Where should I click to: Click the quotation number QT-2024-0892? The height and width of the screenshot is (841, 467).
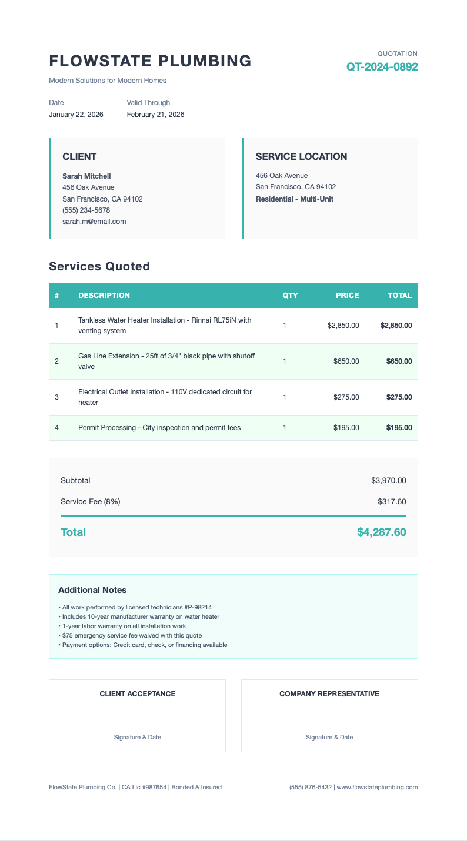(382, 67)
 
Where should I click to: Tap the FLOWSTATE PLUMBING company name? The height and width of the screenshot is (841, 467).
(150, 61)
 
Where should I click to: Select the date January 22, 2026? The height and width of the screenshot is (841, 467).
(76, 115)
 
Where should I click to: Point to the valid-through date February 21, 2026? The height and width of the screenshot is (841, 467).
(155, 115)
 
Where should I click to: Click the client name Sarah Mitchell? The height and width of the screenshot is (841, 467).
(86, 176)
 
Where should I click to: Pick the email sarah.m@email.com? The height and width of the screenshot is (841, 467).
(94, 222)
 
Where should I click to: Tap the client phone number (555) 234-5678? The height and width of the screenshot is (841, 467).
(86, 210)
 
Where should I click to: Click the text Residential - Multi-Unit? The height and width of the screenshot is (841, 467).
(294, 199)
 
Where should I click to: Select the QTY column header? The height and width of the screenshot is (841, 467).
(290, 296)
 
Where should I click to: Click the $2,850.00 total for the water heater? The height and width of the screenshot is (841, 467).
(396, 326)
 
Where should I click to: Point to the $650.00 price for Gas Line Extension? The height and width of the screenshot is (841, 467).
(346, 361)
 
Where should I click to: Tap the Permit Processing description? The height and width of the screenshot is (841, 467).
(159, 428)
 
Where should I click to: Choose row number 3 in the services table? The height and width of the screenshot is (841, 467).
(56, 397)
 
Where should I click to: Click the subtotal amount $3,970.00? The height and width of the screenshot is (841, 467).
(388, 481)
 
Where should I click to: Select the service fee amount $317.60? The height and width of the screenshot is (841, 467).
(392, 502)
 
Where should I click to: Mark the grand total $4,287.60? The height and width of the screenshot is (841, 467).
(381, 532)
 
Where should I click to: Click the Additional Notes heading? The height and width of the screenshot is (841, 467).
(92, 590)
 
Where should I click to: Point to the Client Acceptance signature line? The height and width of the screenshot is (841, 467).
(137, 725)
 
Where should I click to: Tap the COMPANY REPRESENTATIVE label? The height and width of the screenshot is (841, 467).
(329, 694)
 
